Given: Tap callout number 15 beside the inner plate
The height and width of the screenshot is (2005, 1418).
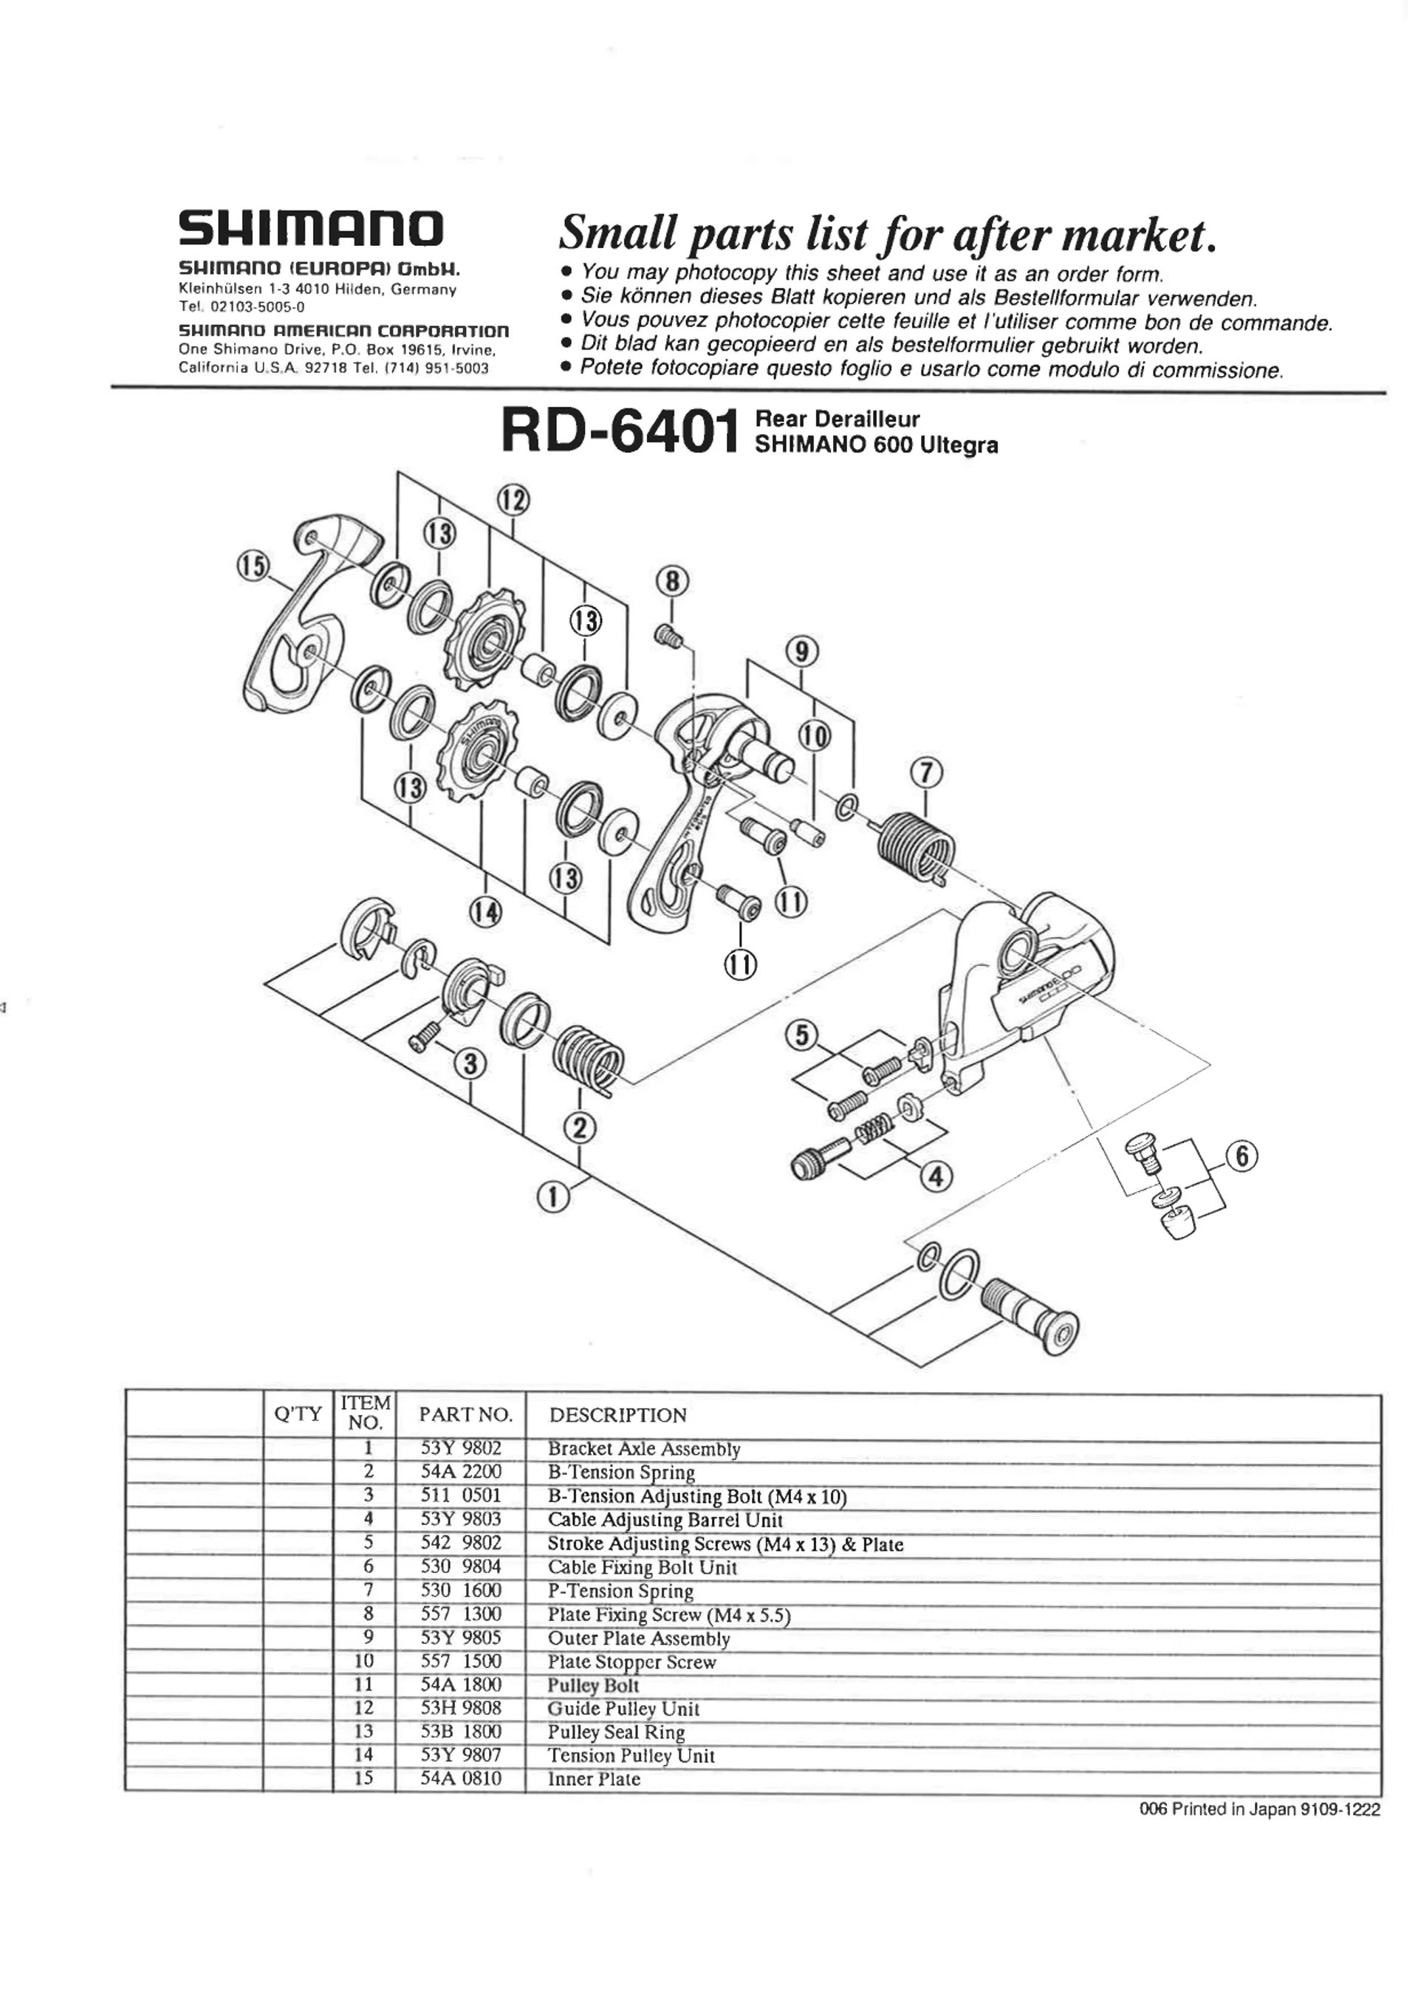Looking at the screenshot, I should coord(254,566).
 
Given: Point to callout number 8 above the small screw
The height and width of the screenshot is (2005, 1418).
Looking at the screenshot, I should coord(671,580).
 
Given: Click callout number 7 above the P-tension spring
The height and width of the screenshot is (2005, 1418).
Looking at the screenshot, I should coord(926,773).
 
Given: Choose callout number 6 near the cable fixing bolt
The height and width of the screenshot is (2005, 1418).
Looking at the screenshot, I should coord(1241,1156).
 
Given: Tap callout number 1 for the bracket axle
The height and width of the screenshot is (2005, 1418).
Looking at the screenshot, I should coord(552,1197).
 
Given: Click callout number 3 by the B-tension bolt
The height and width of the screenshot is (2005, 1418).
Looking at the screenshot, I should coord(471,1063).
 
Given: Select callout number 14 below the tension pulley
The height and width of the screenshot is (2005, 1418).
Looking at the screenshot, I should coord(485,913).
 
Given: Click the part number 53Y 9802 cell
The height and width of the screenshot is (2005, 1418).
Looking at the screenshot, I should coord(461,1449).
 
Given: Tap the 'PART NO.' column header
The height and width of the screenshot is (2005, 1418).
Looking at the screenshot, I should coord(465,1415).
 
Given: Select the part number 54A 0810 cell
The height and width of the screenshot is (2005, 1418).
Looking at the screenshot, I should coord(461,1779).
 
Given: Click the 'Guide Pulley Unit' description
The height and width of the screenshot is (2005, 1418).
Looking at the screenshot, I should coord(623,1708).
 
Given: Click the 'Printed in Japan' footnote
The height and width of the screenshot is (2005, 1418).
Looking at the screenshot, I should coord(1259,1809).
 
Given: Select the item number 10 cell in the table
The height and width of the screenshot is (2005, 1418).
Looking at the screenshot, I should coord(364,1661).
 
